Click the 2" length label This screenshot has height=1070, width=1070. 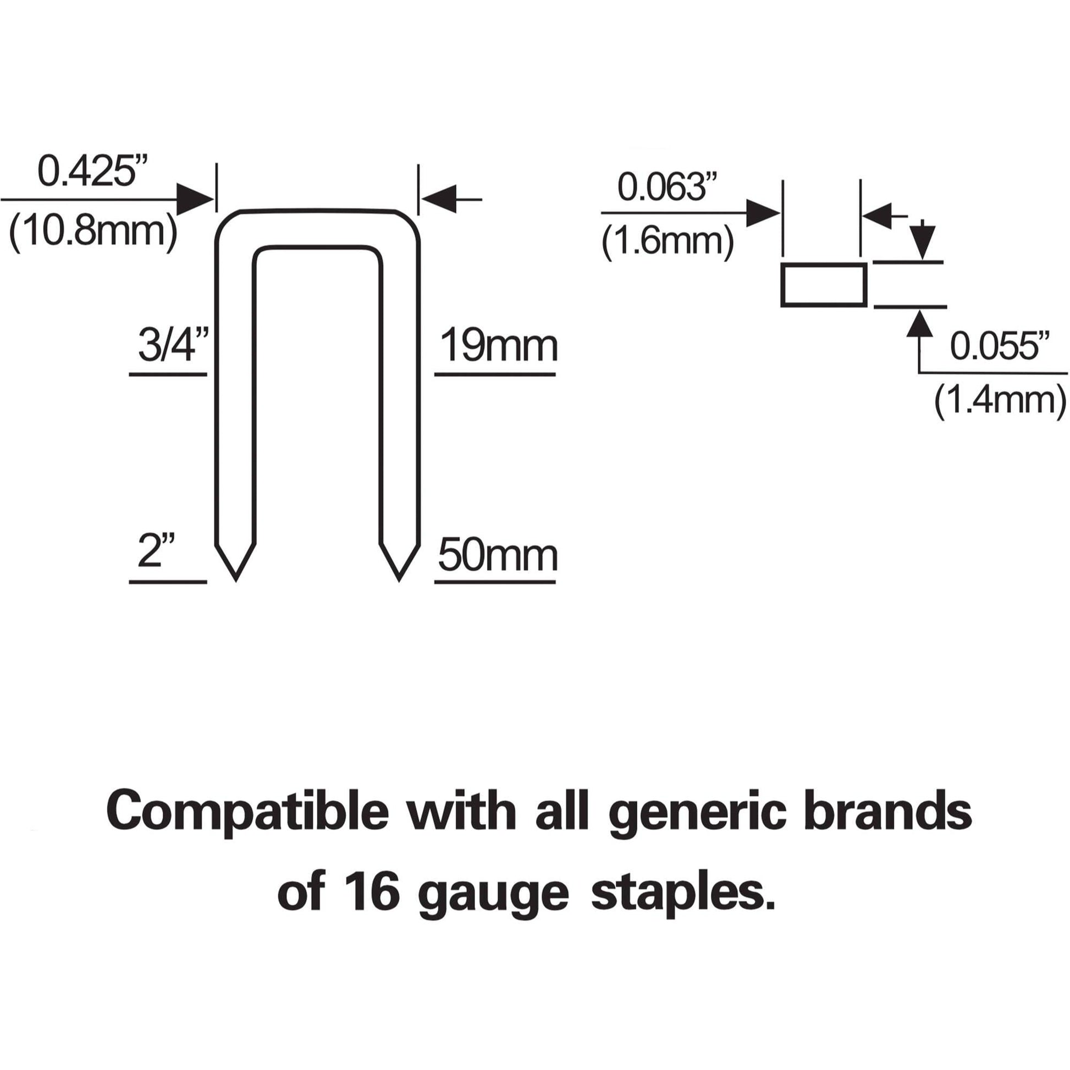point(157,551)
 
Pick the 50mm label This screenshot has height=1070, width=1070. point(498,555)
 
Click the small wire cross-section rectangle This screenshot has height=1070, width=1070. point(824,284)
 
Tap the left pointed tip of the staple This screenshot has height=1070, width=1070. point(236,581)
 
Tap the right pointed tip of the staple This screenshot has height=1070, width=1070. point(399,581)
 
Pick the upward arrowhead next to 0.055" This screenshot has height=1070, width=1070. point(920,323)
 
